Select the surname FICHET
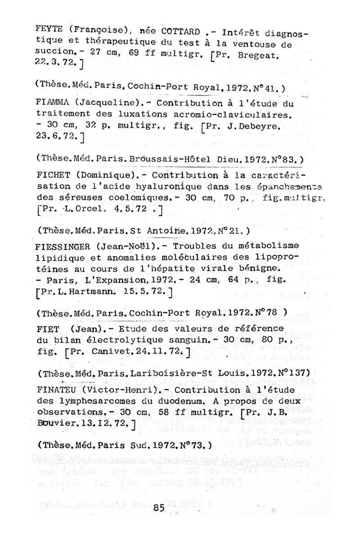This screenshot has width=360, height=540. [49, 175]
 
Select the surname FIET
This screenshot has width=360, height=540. [46, 328]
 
